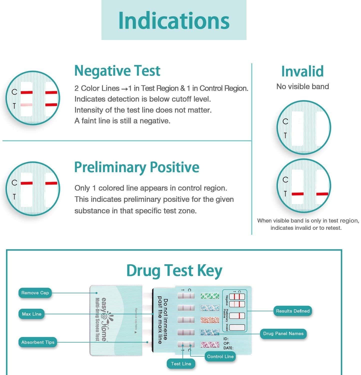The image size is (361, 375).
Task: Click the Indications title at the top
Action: (174, 20)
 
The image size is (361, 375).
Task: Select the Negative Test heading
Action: (117, 71)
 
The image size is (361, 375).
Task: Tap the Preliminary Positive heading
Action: (137, 167)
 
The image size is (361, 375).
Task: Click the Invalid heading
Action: (302, 71)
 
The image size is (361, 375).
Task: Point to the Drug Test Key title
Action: (174, 270)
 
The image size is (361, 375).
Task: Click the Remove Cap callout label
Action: (35, 293)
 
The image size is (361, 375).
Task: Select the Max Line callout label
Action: (31, 314)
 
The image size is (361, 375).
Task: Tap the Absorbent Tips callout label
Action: (38, 342)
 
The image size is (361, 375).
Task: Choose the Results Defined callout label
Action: (293, 311)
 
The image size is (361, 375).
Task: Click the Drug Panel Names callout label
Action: (283, 333)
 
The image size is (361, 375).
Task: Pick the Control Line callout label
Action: (220, 356)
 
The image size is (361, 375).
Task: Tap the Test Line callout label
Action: (181, 364)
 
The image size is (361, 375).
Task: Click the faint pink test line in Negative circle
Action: (26, 105)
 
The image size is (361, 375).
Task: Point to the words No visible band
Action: (302, 86)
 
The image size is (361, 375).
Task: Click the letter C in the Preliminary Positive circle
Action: (14, 183)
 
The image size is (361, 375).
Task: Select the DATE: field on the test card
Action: (228, 348)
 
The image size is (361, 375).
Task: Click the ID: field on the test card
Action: (226, 339)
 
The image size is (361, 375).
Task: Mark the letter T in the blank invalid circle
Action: (285, 135)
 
